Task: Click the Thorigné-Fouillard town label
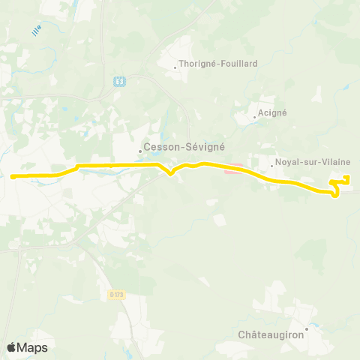click(x=218, y=64)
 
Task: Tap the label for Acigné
click(x=271, y=112)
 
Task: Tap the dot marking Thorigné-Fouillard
click(x=175, y=67)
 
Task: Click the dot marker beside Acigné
click(x=254, y=116)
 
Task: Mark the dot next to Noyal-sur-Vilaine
click(x=271, y=164)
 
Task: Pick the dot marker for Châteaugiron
click(x=307, y=327)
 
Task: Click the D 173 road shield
click(x=115, y=293)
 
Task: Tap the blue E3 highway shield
click(x=118, y=81)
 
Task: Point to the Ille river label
click(x=37, y=30)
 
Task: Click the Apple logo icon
click(x=12, y=347)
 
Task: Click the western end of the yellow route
click(x=12, y=177)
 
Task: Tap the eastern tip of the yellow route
click(x=347, y=177)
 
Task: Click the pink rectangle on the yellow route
click(x=233, y=169)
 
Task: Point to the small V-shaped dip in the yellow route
click(x=172, y=174)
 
